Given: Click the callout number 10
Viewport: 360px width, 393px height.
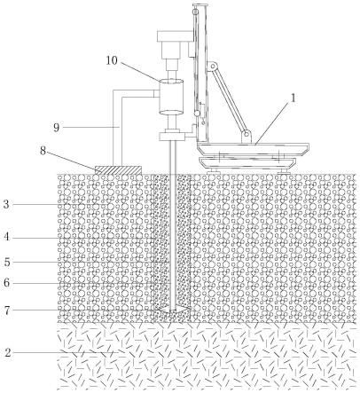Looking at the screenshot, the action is pos(112,60).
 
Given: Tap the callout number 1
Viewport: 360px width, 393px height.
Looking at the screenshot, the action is pos(293,98).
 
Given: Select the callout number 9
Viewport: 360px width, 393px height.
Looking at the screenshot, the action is pos(56,128).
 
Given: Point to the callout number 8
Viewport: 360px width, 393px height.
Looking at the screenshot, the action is pos(43,151).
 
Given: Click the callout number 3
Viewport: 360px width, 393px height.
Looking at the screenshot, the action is pos(6,204).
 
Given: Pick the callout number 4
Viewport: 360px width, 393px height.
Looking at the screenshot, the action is pos(6,237).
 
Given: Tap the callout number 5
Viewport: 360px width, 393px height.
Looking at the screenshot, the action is pos(7,262).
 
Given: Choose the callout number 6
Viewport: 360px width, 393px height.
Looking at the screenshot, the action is pos(6,283).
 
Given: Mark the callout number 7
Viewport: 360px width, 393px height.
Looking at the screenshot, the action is pos(7,310).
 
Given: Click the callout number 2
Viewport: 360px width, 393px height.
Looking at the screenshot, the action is pos(8,352).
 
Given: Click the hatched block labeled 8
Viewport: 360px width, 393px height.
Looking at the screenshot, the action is pos(118,169).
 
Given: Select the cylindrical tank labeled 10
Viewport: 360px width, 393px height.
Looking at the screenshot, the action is pos(171,97).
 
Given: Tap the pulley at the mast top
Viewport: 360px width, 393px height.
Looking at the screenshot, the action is pos(194,12).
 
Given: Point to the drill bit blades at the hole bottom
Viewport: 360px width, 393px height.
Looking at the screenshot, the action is pos(173,310).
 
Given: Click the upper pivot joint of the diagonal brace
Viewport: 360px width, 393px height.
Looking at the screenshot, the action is pos(212,66).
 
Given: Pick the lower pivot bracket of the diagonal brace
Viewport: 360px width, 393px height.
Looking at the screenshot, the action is pos(247,137).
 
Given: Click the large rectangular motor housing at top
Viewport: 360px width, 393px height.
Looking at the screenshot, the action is pos(176,35).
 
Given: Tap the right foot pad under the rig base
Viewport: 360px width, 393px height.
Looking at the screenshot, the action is pos(284,170).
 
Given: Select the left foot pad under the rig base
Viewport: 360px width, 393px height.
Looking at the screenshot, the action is pos(214,170).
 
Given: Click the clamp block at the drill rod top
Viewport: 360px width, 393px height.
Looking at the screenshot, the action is pos(172,137).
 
